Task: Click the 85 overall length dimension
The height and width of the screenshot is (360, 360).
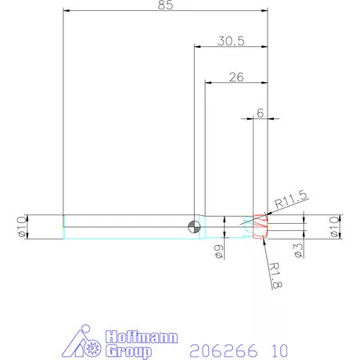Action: pos(165,5)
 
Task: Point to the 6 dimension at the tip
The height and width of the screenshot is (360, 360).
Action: pos(259,113)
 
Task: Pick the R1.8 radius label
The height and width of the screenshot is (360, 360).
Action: pos(276,275)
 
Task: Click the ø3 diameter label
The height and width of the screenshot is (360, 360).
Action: pos(298,249)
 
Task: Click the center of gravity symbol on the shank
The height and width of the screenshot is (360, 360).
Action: pos(193,227)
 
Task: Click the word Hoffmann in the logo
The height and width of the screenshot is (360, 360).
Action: pos(141,337)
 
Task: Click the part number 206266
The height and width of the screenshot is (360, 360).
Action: pos(224,349)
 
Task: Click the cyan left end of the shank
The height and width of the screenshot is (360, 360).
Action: pos(63,227)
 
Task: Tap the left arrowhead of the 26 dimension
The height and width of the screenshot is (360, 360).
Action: pos(209,82)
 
